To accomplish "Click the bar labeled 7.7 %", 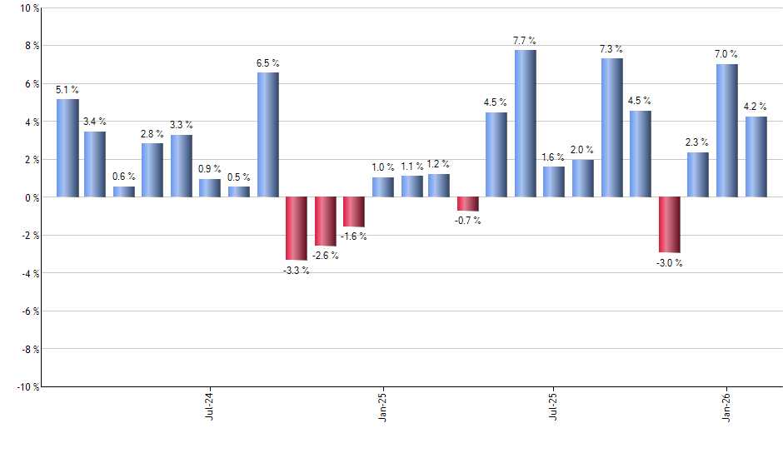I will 525,123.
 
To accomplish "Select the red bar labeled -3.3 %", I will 297,228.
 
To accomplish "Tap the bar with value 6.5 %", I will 267,135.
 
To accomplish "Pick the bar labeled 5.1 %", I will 67,148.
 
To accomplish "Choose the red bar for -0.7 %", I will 467,204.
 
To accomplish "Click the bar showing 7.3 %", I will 611,127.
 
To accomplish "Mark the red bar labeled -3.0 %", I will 669,225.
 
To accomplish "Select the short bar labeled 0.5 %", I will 239,192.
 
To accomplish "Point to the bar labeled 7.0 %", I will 726,131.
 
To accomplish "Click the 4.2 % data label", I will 756,106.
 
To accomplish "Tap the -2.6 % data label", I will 325,256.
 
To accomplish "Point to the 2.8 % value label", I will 152,133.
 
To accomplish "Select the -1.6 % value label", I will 353,236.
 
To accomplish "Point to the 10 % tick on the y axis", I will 27,8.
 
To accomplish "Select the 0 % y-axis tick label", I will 30,198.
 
